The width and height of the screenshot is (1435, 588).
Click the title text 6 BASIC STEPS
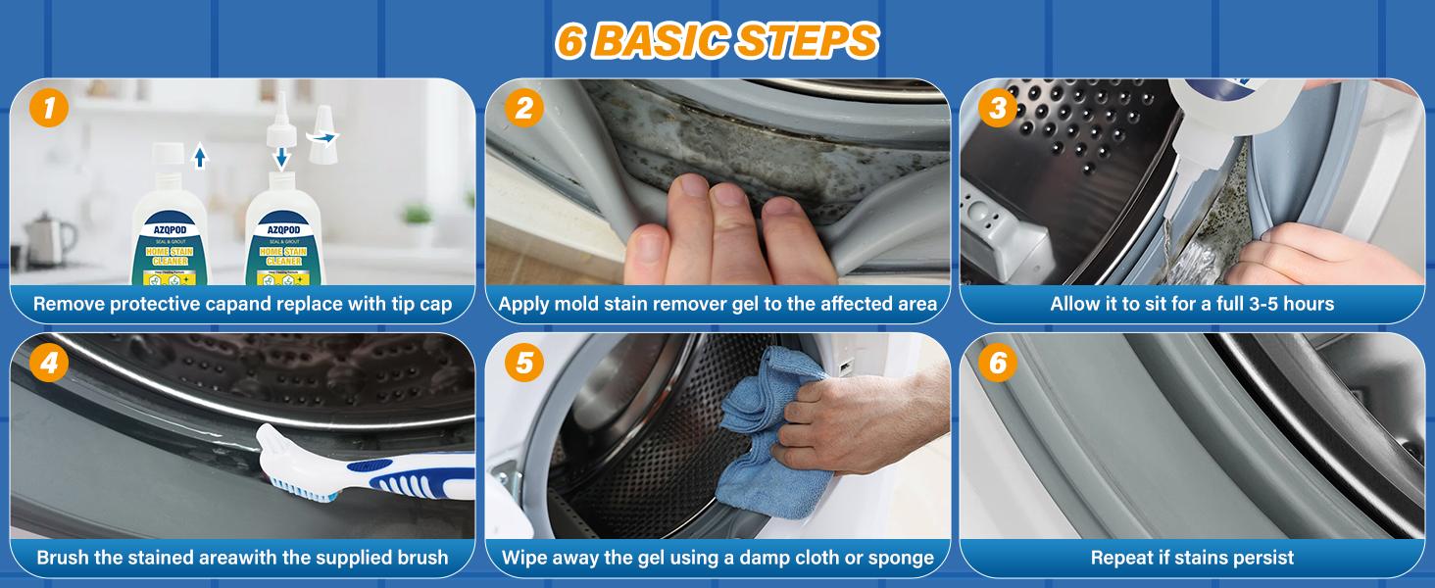pos(717,40)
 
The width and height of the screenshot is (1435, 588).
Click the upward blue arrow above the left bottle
pos(200,155)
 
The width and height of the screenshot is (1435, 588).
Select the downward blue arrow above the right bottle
pos(282,157)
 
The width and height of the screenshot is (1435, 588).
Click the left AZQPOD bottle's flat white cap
pos(169,155)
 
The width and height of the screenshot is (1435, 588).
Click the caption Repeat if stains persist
pos(1192,558)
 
